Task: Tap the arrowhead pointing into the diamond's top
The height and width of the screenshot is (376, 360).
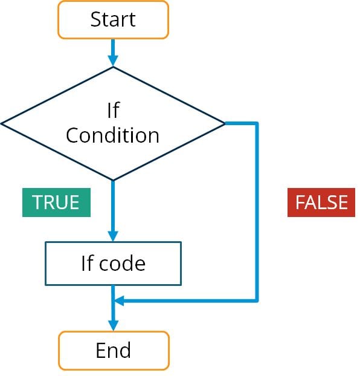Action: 113,60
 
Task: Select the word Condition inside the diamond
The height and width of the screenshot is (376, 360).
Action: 112,135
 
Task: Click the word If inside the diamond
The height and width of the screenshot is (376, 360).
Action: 113,111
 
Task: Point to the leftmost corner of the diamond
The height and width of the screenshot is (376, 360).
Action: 2,123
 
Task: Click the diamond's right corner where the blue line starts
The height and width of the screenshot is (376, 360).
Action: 223,123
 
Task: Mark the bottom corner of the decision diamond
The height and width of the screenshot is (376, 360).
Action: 113,180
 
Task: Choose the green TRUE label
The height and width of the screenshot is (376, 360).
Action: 56,203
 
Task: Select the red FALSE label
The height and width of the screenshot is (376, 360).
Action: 321,203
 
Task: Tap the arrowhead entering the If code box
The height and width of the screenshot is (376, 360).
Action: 113,236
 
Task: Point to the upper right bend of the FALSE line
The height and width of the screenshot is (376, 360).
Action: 257,124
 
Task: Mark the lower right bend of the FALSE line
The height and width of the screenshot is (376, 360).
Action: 257,299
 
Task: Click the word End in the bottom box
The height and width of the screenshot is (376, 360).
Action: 113,350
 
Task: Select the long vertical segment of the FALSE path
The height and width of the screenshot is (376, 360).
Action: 257,212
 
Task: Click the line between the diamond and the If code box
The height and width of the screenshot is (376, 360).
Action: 113,206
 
